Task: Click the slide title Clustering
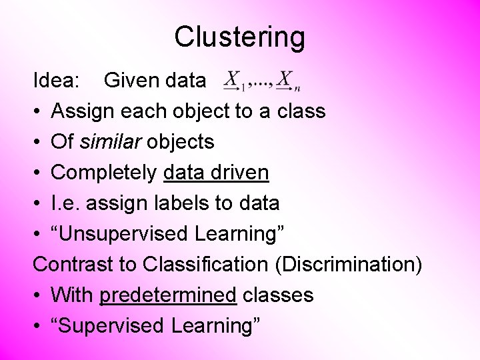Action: click(x=239, y=37)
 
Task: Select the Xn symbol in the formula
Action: click(x=287, y=81)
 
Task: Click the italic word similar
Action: click(x=110, y=142)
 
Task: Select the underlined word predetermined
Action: click(x=168, y=295)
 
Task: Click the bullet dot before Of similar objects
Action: click(x=38, y=142)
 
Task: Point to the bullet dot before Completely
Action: click(x=38, y=173)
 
